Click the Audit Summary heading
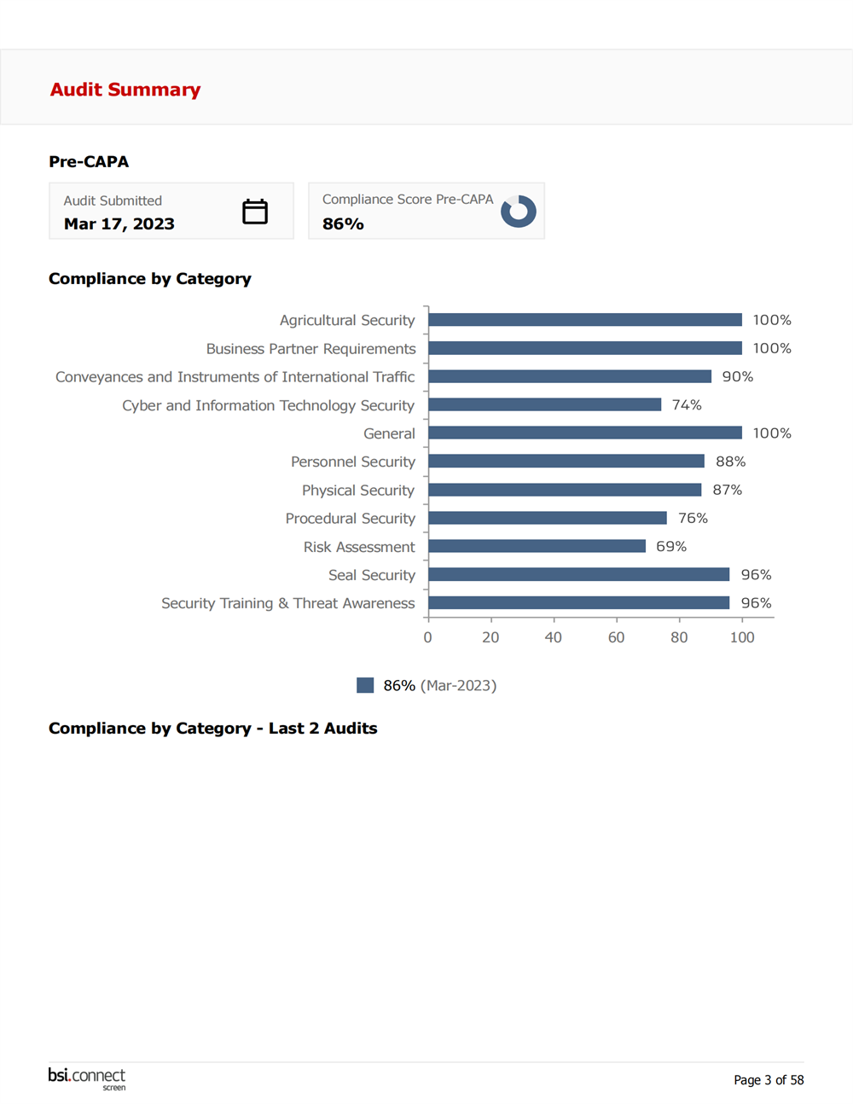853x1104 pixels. (x=125, y=90)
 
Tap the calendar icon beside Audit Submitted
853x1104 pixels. (x=255, y=212)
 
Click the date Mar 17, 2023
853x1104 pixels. (x=119, y=224)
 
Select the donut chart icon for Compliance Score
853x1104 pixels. (x=518, y=211)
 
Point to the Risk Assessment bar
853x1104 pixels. (x=537, y=546)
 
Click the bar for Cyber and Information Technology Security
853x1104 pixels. (x=544, y=404)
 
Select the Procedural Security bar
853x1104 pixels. (x=547, y=518)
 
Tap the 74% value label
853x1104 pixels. (x=687, y=404)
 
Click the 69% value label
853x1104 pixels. (x=671, y=546)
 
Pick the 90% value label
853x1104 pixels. (x=738, y=376)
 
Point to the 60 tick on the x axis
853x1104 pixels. (x=616, y=637)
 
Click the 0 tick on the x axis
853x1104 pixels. (x=427, y=637)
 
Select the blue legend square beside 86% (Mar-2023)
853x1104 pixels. (x=365, y=685)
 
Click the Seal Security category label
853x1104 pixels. (x=372, y=575)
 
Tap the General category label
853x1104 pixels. (x=389, y=433)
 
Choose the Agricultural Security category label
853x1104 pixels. (x=347, y=320)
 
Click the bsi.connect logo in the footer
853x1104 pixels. (x=87, y=1078)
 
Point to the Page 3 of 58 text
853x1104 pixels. (x=769, y=1080)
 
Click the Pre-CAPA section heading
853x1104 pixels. (x=89, y=161)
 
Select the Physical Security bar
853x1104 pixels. (x=565, y=490)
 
